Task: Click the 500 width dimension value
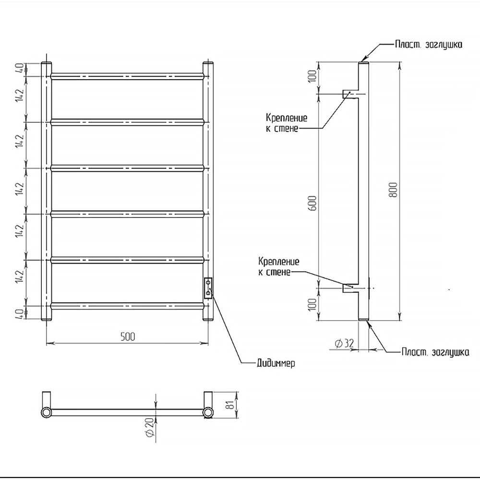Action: click(x=127, y=336)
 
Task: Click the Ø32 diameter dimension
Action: click(x=344, y=343)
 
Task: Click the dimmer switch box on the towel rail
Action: click(x=208, y=288)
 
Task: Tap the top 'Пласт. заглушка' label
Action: click(x=428, y=45)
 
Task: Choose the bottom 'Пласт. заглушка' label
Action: click(x=435, y=352)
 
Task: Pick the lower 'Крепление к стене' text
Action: click(x=278, y=267)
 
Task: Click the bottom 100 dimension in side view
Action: click(x=312, y=304)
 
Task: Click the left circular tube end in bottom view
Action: click(x=46, y=413)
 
